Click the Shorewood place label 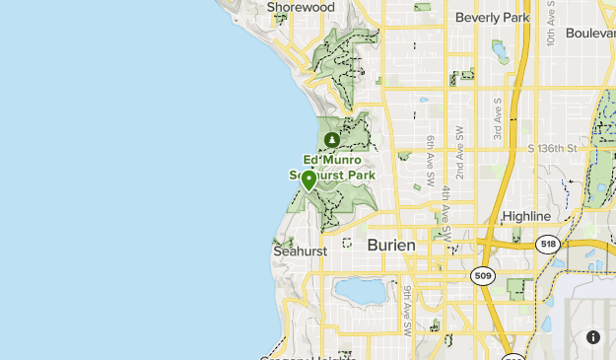pos(301,7)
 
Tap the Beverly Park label pos(492,17)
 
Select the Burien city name pos(391,245)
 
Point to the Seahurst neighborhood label pos(300,252)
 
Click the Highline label pos(526,216)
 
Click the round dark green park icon pos(331,140)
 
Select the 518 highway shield pos(548,244)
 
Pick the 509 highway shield pos(482,275)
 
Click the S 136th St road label pos(551,149)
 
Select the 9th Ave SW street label pos(406,306)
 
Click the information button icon pos(593,337)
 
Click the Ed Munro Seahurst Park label pos(331,168)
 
